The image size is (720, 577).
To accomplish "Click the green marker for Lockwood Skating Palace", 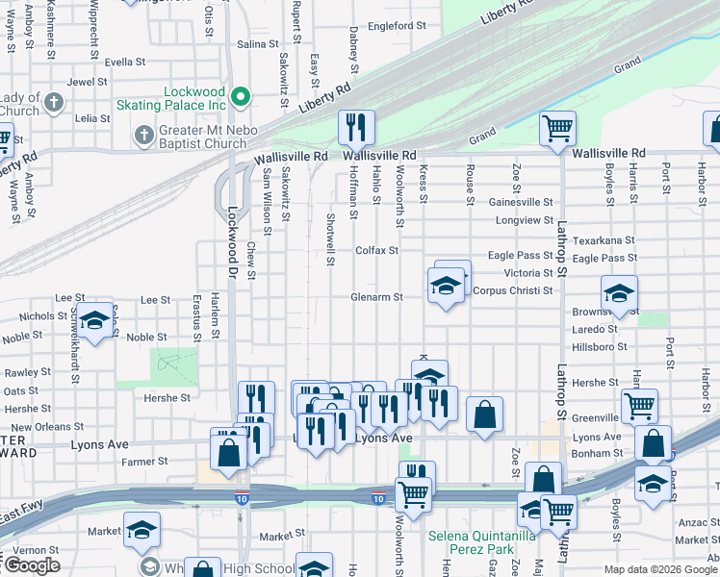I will (240, 96).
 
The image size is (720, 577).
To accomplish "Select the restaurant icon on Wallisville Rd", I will (356, 127).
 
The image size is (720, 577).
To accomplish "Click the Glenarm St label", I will (376, 297).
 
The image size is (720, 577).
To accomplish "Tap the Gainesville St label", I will (521, 203).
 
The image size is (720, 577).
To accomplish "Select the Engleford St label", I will (390, 26).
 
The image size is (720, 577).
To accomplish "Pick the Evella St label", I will (125, 62).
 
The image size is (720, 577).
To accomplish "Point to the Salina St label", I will (257, 44).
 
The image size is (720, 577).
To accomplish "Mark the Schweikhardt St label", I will (73, 346).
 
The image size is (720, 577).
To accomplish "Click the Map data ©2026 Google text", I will (659, 569).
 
